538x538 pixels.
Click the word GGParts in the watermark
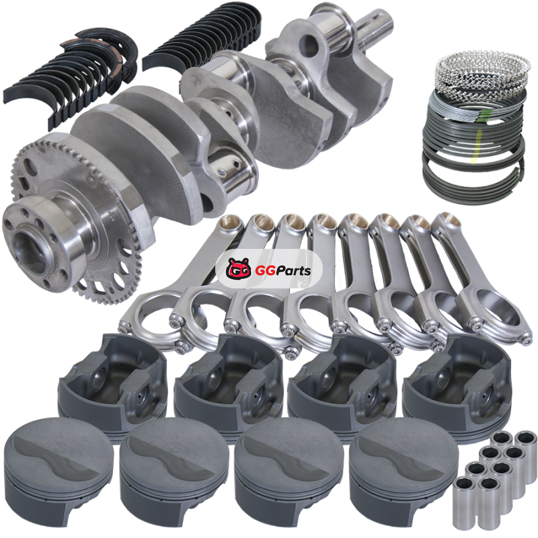[x=283, y=271]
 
